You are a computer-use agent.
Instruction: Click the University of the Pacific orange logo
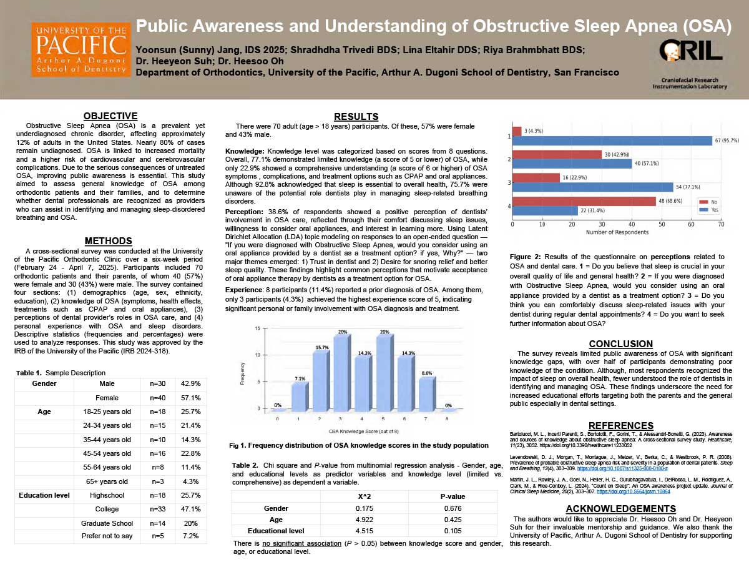click(81, 50)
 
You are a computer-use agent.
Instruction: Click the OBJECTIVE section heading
click(110, 116)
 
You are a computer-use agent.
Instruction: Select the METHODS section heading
click(109, 241)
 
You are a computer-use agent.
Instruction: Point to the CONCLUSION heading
click(621, 343)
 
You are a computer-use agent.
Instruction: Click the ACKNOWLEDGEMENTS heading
click(620, 508)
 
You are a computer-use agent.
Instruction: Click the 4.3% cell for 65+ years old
click(190, 481)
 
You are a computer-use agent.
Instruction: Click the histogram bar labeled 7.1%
click(299, 397)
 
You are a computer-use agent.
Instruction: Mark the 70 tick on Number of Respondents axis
click(721, 224)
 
